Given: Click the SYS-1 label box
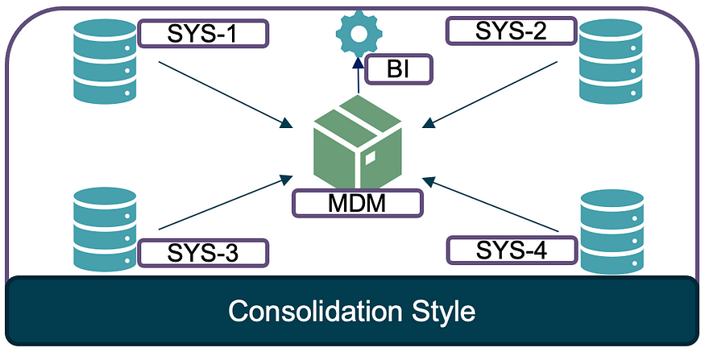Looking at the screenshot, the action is click(x=203, y=33).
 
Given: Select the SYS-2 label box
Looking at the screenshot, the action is click(x=511, y=31).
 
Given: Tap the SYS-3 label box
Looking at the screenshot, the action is click(x=203, y=253).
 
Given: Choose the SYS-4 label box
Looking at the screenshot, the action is click(x=512, y=250).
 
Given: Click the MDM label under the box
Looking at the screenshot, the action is click(x=358, y=203).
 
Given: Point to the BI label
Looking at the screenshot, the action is click(x=398, y=69).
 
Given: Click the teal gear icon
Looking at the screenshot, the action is click(x=359, y=34).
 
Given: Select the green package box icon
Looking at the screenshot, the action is click(x=358, y=142).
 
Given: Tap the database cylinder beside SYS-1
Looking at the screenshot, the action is click(x=105, y=61).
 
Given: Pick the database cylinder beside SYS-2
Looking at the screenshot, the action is click(x=611, y=61).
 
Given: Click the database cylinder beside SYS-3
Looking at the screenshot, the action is click(x=105, y=230).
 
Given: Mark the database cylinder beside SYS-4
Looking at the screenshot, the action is click(x=612, y=231).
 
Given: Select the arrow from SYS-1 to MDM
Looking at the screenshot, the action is click(x=226, y=94).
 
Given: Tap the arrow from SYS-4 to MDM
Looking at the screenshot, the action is click(x=491, y=205).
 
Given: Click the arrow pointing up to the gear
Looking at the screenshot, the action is click(x=359, y=75).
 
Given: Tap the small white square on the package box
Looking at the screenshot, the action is click(x=370, y=158).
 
